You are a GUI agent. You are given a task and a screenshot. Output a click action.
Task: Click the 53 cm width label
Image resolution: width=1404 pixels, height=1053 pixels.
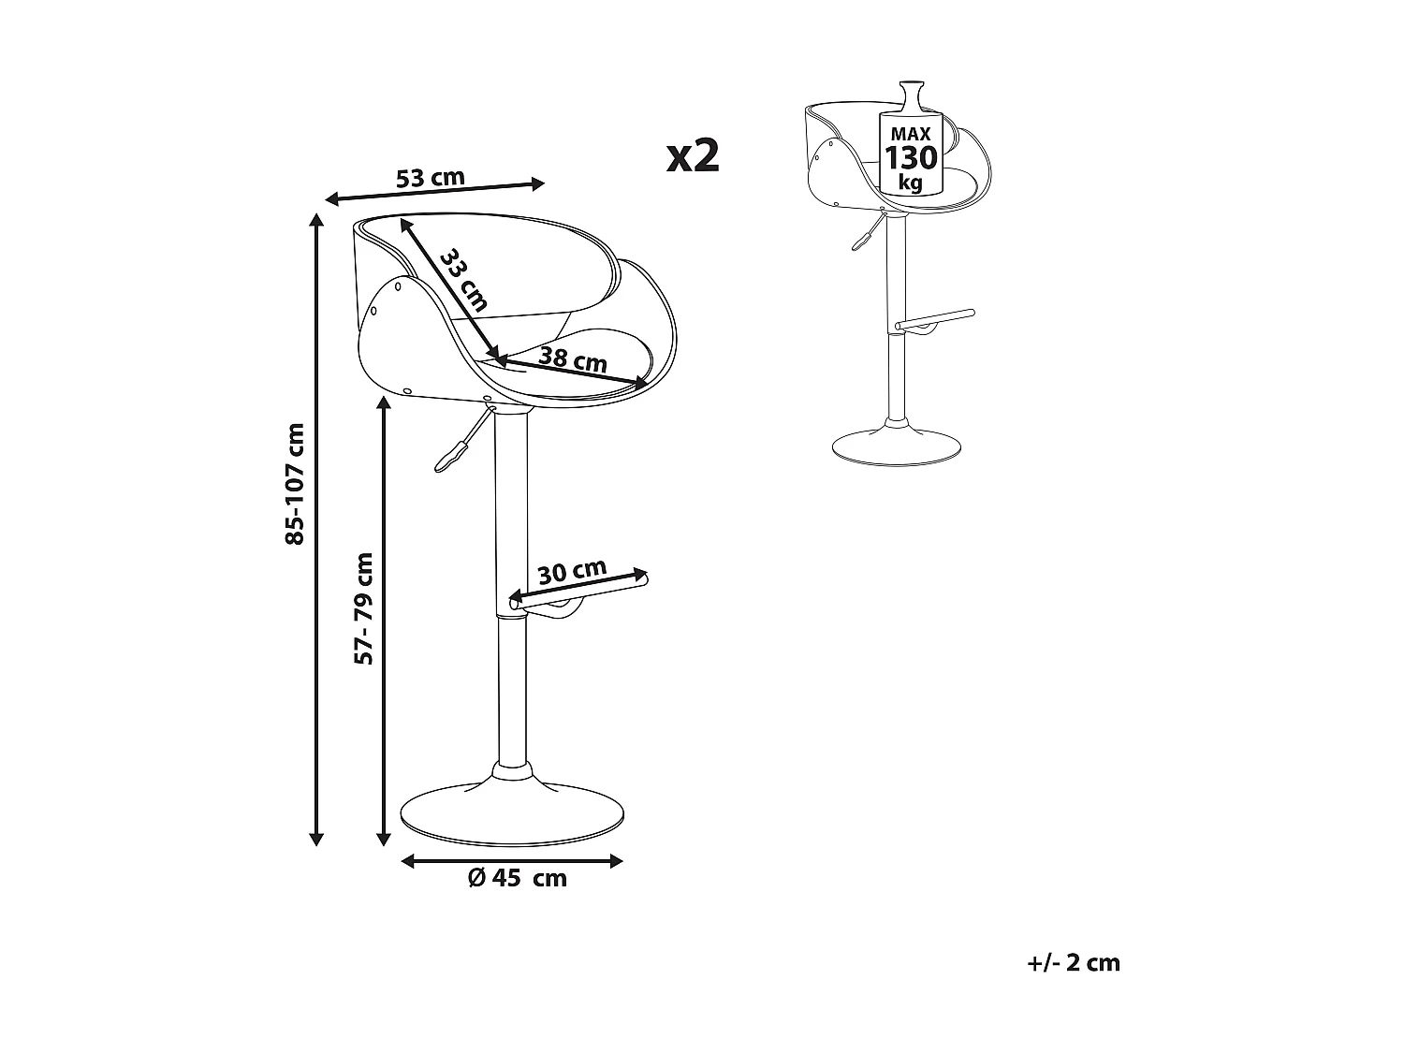coord(430,178)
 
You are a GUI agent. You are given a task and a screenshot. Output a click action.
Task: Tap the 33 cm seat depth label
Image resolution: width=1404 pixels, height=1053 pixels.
coord(463,279)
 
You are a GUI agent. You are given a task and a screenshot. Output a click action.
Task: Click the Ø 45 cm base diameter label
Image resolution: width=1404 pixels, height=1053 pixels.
coord(518,878)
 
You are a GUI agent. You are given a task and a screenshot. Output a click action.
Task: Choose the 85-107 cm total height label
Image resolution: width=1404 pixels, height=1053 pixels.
coord(294,484)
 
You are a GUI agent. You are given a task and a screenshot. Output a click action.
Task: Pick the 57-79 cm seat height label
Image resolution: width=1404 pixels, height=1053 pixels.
coord(363,608)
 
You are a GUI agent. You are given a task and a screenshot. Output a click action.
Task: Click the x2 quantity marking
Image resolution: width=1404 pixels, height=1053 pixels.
coord(693,155)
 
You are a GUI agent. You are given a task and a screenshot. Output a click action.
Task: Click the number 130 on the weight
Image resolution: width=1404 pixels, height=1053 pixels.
coord(911,157)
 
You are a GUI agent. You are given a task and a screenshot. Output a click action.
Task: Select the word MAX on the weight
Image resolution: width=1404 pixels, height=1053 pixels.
coord(911,134)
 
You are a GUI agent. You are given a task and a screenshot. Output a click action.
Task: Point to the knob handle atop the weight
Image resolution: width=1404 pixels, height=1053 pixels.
coord(912,95)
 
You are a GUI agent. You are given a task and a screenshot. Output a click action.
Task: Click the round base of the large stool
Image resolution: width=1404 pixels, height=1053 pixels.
coord(512,816)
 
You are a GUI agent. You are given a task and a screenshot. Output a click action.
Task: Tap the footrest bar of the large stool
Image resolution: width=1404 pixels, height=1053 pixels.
coord(578,592)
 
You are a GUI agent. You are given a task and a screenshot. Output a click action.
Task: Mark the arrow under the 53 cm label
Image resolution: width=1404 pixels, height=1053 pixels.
coord(435,192)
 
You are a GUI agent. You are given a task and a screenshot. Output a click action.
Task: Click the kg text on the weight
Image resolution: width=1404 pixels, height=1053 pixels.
coord(910,183)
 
